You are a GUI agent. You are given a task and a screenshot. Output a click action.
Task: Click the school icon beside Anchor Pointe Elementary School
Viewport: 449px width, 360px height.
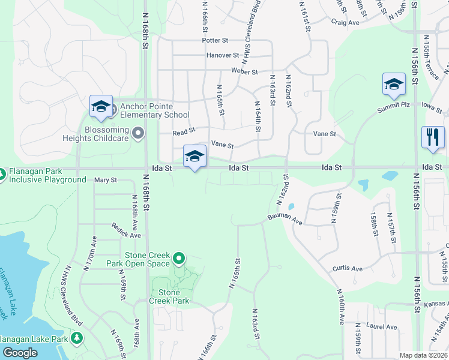(101, 106)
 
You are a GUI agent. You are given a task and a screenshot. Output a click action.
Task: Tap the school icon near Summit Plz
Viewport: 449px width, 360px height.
(394, 84)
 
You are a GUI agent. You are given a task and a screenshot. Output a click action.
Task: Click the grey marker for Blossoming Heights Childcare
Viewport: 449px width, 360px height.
(139, 133)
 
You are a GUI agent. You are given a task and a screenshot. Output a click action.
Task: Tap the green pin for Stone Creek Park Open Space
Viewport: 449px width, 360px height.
(178, 259)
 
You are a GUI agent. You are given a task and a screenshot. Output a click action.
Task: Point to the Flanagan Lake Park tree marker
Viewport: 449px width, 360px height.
(76, 338)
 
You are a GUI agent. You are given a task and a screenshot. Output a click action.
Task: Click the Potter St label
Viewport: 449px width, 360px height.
(215, 41)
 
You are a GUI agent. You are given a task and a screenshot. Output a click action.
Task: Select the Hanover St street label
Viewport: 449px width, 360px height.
(223, 55)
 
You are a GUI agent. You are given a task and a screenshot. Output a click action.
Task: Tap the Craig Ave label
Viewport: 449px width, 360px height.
(345, 22)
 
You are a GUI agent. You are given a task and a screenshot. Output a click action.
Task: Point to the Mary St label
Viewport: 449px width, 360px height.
(105, 180)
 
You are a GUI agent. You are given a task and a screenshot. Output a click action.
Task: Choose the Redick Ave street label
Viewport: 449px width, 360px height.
(125, 230)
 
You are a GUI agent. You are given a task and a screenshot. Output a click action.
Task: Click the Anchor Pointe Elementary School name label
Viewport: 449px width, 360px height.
(155, 110)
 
